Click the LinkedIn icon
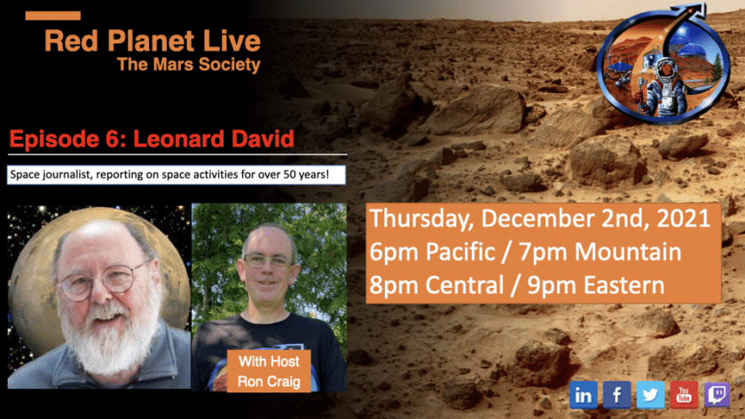coord(584,394)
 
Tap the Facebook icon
coord(616,394)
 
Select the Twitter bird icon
coord(650,394)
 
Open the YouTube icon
coord(684,394)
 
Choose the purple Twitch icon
coord(717,394)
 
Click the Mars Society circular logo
coord(663,65)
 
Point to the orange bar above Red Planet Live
coord(52,16)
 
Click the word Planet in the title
coord(153,41)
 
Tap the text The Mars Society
coord(189,65)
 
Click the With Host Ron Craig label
coord(269,371)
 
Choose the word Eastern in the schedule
coord(623,285)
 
